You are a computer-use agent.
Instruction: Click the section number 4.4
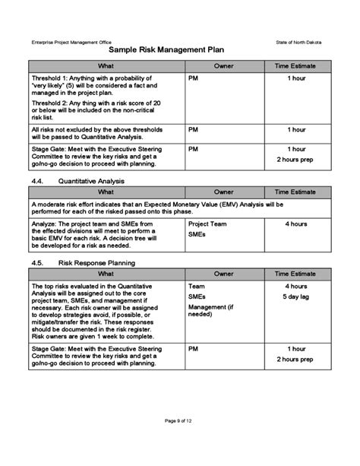[39, 181]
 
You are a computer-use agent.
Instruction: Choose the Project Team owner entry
[207, 225]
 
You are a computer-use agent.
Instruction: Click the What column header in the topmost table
[106, 66]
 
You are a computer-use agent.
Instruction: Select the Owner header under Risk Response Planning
[223, 273]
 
